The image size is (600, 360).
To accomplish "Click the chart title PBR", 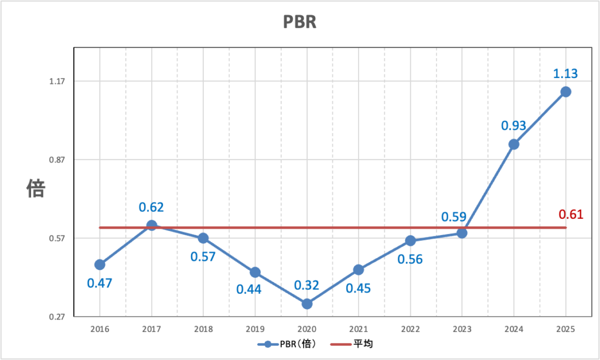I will pos(299,22).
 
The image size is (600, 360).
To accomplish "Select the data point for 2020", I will pos(306,304).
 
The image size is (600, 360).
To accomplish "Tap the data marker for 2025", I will pos(565,91).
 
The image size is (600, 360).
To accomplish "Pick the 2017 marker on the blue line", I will pos(151,225).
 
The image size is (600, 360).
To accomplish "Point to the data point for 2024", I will pos(514,144).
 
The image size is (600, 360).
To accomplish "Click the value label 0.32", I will pos(306,286).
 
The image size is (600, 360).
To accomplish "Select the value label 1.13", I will pos(565,74).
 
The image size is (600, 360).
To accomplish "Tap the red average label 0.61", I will pos(571,214).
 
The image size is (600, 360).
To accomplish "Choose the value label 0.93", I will pos(513,125).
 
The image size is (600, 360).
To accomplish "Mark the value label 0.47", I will pos(100,283).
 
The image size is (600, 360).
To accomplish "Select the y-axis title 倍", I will pos(35,188).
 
